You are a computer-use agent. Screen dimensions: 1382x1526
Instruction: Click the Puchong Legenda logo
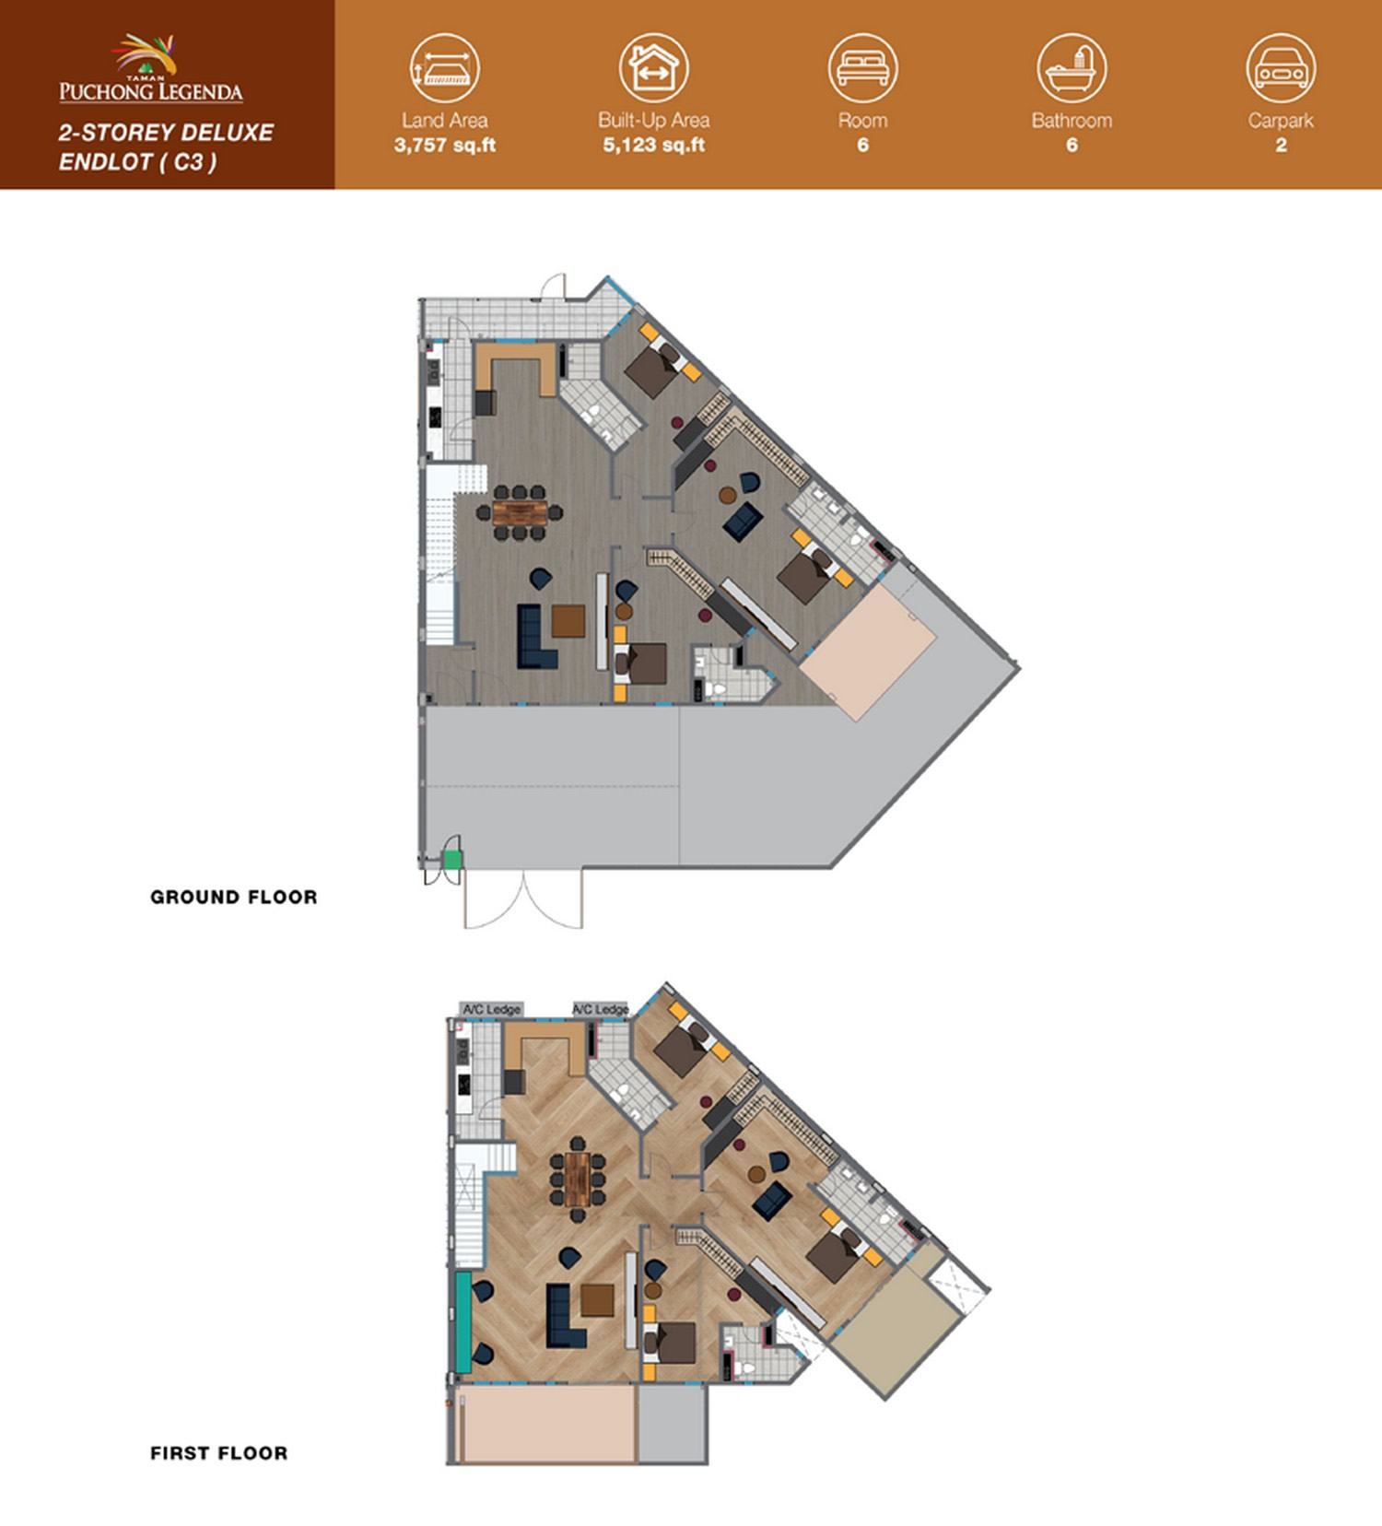pyautogui.click(x=151, y=68)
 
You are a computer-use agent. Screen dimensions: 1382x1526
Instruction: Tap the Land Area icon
pyautogui.click(x=445, y=68)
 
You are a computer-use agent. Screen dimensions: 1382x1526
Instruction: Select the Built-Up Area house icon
pyautogui.click(x=653, y=68)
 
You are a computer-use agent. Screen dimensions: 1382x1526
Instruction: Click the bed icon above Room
pyautogui.click(x=862, y=68)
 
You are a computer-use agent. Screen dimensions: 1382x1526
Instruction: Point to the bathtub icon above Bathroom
pyautogui.click(x=1072, y=68)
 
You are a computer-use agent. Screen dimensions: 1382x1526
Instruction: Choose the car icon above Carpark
pyautogui.click(x=1281, y=68)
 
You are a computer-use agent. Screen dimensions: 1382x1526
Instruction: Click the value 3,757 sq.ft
pyautogui.click(x=445, y=145)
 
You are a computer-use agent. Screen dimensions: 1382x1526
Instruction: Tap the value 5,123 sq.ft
pyautogui.click(x=654, y=145)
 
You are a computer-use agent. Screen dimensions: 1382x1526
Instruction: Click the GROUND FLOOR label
pyautogui.click(x=234, y=897)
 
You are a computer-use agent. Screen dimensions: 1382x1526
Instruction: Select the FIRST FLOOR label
pyautogui.click(x=219, y=1453)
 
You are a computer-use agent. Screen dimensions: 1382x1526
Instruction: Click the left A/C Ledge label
pyautogui.click(x=492, y=1010)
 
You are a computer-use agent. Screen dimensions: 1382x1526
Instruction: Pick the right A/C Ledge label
pyautogui.click(x=601, y=1010)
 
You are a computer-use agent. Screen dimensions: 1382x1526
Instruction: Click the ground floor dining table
pyautogui.click(x=520, y=512)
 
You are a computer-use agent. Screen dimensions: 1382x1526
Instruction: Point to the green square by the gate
pyautogui.click(x=452, y=860)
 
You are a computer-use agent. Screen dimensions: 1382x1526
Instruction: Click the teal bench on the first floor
pyautogui.click(x=463, y=1321)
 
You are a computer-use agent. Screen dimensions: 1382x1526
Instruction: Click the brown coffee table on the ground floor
pyautogui.click(x=568, y=621)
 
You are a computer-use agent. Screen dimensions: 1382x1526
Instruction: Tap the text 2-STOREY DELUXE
pyautogui.click(x=166, y=133)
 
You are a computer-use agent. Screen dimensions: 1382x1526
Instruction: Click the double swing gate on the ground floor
pyautogui.click(x=523, y=899)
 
